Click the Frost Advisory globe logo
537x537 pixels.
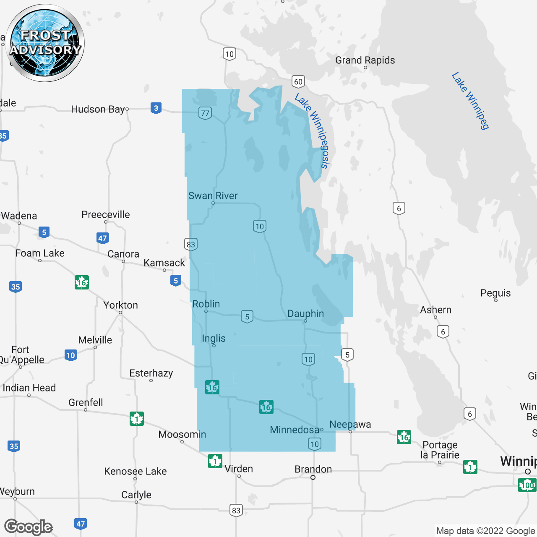click(45, 43)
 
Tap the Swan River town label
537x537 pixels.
click(213, 196)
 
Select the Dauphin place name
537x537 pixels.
click(305, 314)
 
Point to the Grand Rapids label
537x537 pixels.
click(365, 60)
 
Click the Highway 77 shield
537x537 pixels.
click(205, 113)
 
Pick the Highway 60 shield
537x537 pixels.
click(298, 81)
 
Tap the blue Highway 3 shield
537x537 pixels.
click(156, 108)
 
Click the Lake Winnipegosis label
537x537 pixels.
click(313, 130)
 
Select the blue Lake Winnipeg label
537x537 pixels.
click(471, 101)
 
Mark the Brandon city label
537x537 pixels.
click(313, 469)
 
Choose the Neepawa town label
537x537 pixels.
click(350, 425)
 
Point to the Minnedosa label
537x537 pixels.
click(295, 430)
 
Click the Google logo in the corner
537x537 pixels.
click(29, 527)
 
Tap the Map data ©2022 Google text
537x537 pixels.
click(485, 531)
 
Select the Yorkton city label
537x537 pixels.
click(120, 305)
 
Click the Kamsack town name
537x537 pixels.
click(164, 263)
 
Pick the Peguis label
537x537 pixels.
click(495, 293)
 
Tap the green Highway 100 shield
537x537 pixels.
click(527, 485)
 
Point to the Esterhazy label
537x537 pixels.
click(151, 373)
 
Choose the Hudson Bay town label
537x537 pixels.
click(98, 109)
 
